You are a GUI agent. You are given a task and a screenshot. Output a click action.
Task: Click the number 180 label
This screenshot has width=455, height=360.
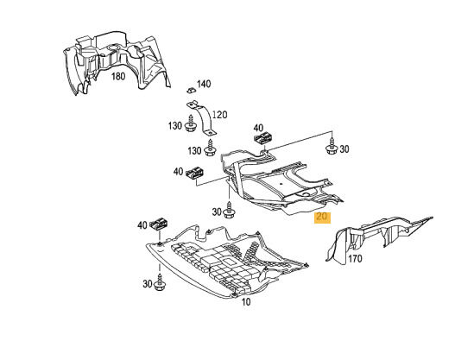coord(118,77)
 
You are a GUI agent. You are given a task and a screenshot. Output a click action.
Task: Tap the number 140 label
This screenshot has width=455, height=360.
coord(204,84)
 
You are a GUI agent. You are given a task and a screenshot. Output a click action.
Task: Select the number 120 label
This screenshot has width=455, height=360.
coord(219,115)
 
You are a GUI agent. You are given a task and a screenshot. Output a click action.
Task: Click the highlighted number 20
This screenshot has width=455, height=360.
coord(322,217)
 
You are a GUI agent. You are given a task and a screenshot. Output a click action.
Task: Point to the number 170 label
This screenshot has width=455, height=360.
coord(355,258)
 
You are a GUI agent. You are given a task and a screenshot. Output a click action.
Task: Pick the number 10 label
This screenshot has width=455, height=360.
coord(245,302)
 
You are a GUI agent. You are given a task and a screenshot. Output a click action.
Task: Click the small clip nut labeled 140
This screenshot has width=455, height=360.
coord(191,90)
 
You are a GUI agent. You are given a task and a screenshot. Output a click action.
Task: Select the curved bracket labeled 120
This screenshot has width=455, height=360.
coord(202,117)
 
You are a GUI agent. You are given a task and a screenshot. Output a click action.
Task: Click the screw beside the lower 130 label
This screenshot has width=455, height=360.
coord(209,148)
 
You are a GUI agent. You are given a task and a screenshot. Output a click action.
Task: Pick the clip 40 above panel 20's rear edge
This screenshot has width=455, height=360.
coord(264,137)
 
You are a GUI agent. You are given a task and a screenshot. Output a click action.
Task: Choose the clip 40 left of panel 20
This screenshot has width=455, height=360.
coord(196,173)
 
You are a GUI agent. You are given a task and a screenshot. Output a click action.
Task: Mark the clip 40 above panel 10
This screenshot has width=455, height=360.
coord(159,224)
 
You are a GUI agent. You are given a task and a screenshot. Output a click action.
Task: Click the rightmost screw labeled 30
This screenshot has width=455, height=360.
coord(331,148)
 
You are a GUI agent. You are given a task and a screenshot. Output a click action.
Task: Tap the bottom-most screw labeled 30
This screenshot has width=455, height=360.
coord(160,282)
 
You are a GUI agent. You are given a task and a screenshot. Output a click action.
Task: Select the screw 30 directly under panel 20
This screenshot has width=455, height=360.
coord(230,211)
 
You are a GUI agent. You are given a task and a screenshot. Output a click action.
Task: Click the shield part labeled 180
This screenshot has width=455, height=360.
coord(116,62)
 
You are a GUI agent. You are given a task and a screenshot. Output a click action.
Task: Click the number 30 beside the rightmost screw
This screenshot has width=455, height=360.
coord(344,149)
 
